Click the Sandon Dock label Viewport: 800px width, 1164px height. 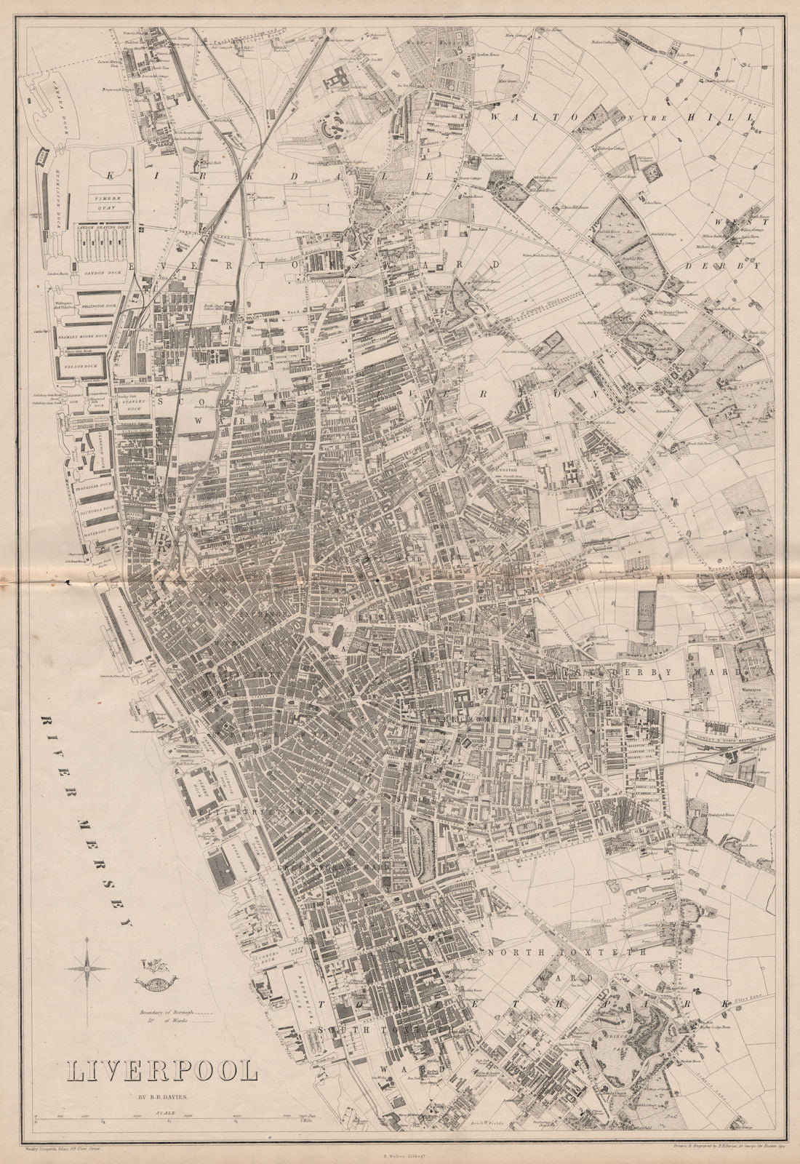click(x=97, y=271)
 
